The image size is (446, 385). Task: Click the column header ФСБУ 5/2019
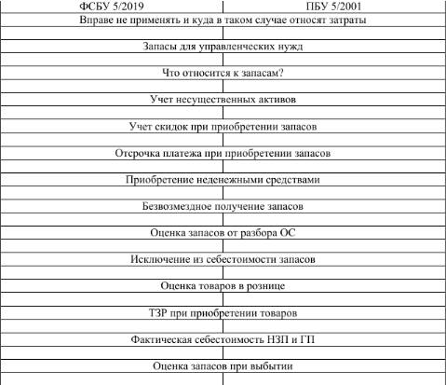click(112, 7)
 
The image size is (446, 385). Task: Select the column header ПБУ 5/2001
click(333, 7)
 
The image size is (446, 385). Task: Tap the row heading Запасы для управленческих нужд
click(223, 47)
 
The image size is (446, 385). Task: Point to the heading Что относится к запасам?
click(223, 73)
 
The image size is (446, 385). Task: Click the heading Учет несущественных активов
click(223, 100)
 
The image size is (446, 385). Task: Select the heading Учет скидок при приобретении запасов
click(223, 127)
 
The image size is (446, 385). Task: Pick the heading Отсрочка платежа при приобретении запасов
click(223, 153)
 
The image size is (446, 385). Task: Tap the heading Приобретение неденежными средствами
click(223, 180)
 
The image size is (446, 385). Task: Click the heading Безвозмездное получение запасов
click(223, 206)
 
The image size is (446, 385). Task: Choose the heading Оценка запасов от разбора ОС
click(223, 233)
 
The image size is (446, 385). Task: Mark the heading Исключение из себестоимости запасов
click(223, 259)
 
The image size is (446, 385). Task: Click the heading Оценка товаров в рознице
click(223, 286)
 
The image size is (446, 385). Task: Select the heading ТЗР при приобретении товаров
click(223, 313)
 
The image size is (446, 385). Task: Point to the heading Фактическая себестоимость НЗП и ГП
click(223, 339)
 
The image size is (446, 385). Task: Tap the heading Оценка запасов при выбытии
click(223, 366)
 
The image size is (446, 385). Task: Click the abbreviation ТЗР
click(158, 312)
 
